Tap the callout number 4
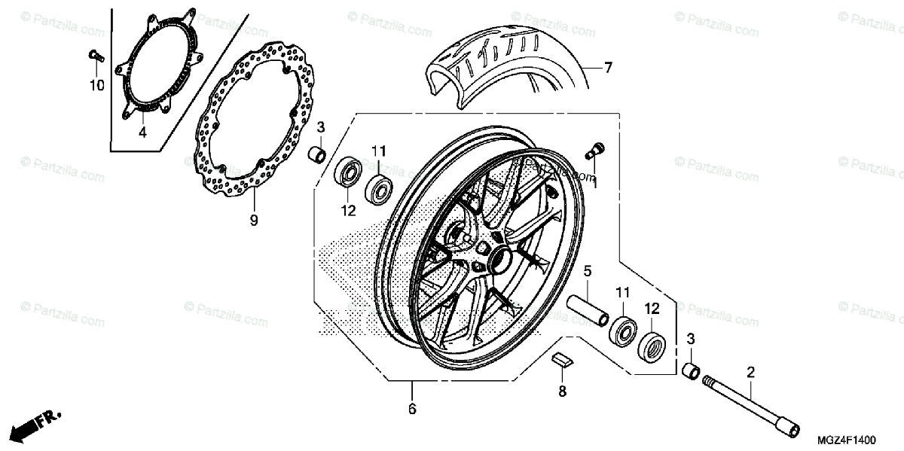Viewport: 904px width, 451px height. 141,133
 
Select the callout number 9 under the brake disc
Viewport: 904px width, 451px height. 254,220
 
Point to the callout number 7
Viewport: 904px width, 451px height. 607,68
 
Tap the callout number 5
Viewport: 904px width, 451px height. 588,270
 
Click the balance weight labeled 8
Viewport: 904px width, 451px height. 562,359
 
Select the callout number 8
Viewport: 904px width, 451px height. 562,391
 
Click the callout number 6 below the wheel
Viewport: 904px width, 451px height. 412,410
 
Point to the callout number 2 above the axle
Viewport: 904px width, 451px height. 750,371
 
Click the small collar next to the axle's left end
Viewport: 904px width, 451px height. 690,371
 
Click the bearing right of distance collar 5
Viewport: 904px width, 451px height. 623,329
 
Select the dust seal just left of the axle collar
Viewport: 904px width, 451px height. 652,346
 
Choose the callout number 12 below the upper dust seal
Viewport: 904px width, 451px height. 347,212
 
